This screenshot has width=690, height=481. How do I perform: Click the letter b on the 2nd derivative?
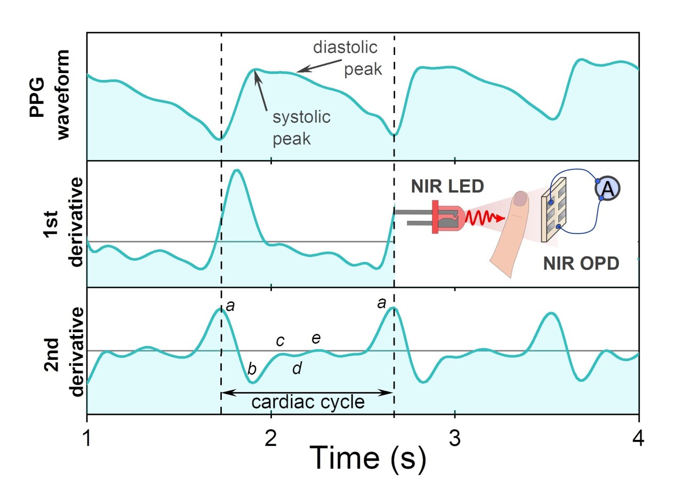pos(252,368)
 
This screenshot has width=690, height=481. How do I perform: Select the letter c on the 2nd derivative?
pos(280,341)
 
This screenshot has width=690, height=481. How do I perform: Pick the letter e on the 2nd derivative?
pos(316,338)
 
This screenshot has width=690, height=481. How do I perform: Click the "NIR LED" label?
pos(447,187)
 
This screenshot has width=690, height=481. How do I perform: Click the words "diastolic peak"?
pos(347,59)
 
